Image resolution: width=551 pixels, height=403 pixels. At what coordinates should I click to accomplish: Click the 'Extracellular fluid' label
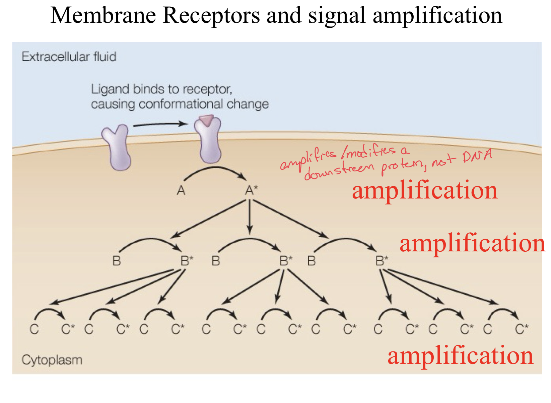point(69,57)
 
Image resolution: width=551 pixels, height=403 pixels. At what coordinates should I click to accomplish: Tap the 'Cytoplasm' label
point(52,360)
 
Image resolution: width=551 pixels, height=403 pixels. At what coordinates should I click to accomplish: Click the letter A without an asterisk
point(181,190)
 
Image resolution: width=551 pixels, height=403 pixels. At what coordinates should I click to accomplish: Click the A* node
point(251,190)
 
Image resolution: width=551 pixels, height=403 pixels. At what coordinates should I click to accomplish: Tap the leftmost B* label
point(187,260)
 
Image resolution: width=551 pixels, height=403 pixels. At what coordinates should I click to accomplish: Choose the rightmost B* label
point(382,260)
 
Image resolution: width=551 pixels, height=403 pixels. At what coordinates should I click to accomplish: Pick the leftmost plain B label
point(116,260)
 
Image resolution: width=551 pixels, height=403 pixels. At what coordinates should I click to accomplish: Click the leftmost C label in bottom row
point(34,329)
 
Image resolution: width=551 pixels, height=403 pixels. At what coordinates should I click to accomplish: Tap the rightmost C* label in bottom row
point(522,329)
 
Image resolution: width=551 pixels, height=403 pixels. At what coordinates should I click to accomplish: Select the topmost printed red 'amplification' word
point(424,190)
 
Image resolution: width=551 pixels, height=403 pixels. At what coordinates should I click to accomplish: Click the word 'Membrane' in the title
point(103,15)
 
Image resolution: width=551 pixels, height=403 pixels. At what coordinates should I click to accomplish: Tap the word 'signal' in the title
point(336,15)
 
